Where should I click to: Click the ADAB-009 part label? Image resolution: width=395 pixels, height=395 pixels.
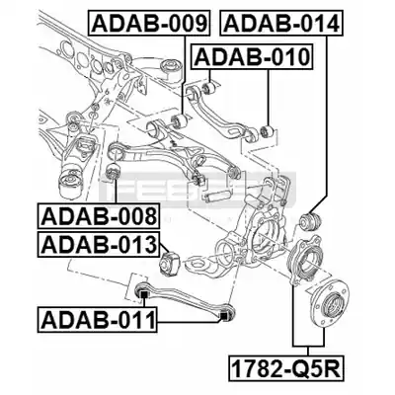[149, 23]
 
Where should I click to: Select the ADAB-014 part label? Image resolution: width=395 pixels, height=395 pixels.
[281, 23]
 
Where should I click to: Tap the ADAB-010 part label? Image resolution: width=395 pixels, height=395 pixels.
[252, 57]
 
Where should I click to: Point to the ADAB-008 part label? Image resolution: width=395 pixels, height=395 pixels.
[99, 216]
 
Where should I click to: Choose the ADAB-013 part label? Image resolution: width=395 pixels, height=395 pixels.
[99, 245]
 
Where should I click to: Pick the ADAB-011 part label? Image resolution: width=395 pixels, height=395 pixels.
[98, 319]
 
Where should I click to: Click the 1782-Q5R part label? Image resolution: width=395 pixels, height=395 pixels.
[285, 367]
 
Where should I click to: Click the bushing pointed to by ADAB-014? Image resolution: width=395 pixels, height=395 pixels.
[311, 221]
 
